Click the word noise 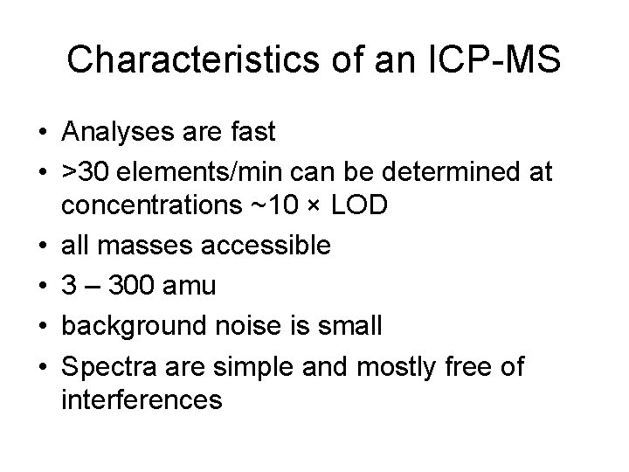[x=247, y=326]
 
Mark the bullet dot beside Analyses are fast [x=42, y=134]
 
